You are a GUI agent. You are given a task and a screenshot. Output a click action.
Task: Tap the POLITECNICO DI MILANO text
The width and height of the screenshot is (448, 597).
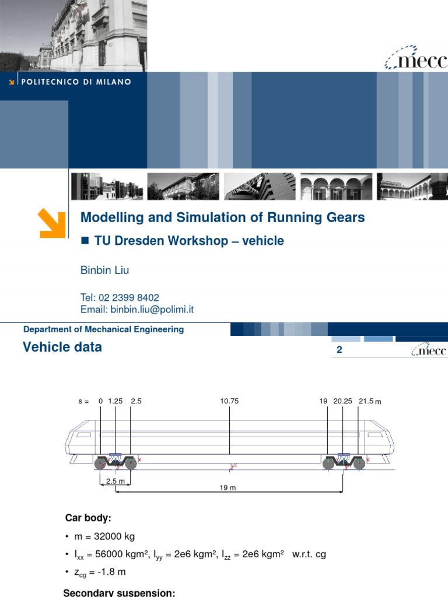pos(76,82)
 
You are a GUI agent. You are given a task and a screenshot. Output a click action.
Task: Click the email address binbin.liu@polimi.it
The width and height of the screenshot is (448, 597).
pos(136,310)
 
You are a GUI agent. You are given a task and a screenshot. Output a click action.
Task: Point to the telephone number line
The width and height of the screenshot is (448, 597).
pos(120,297)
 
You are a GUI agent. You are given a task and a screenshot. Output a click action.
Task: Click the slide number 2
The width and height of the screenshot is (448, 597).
pos(339,350)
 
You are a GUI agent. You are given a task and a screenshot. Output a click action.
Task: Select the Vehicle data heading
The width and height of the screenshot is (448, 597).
pos(62,347)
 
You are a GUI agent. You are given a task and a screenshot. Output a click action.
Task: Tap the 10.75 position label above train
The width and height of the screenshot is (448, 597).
pos(230,401)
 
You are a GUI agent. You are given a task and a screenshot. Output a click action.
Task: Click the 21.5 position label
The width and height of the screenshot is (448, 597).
pos(366,401)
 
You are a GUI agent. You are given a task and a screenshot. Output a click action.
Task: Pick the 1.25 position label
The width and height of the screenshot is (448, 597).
pos(116,401)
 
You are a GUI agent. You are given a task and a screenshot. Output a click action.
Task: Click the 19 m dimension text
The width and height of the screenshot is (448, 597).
pos(228,488)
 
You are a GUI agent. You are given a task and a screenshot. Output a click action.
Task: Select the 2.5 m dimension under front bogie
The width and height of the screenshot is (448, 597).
pos(115,480)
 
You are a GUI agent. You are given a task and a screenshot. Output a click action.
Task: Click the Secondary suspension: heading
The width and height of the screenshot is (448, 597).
pos(119,592)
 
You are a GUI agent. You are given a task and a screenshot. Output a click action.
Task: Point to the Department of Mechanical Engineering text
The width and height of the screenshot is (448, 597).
pos(103,329)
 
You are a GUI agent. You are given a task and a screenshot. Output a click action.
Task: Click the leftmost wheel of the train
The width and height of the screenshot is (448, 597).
pos(101,463)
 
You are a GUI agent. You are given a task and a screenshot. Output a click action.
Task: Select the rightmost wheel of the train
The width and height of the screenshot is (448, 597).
pos(359,463)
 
